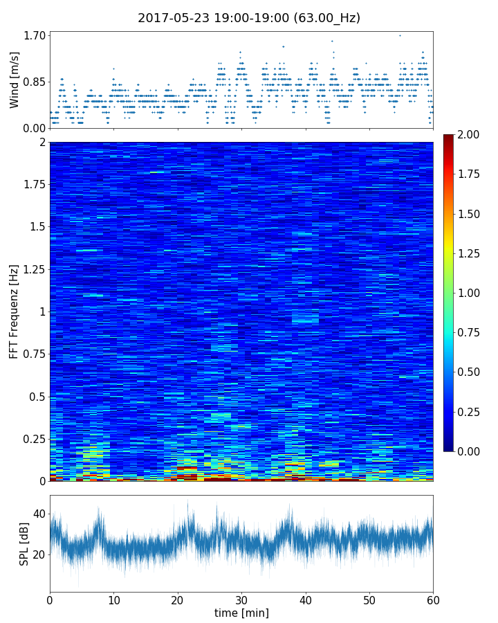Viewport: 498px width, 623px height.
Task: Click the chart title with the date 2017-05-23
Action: pos(249,18)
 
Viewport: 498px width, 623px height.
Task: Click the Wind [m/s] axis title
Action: pos(15,80)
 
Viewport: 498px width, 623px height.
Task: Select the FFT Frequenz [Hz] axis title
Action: pos(15,311)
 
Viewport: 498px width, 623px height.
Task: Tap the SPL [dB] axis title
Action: pos(24,543)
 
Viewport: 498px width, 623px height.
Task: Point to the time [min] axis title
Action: pos(241,613)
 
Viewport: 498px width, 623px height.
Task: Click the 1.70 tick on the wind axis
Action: pos(35,35)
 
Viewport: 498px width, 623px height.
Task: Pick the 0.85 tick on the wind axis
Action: pos(35,82)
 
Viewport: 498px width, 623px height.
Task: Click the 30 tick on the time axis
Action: pos(241,598)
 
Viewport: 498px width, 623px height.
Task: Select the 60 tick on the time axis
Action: pos(433,598)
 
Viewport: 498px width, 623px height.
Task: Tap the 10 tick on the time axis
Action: pos(113,598)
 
